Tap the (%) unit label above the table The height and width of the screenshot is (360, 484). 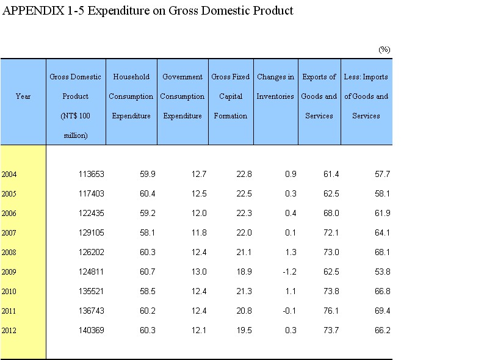tap(384, 49)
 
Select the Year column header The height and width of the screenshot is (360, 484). tap(23, 96)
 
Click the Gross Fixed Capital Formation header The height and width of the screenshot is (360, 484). tap(230, 96)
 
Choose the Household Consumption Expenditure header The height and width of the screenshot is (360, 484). tap(131, 96)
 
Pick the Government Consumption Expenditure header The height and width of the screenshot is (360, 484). tap(182, 96)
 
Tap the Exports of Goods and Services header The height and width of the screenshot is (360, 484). tap(319, 96)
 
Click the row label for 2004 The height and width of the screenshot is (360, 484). tap(9, 175)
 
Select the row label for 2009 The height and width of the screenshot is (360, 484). tap(9, 272)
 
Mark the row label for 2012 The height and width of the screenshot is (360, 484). tap(9, 331)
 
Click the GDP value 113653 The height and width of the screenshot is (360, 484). tap(92, 175)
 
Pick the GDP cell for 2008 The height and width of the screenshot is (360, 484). tap(92, 253)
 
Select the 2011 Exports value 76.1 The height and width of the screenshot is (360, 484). tap(331, 311)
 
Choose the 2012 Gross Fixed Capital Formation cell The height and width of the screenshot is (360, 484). tap(244, 331)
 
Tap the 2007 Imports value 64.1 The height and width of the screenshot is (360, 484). tap(382, 233)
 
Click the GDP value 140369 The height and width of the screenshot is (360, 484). tap(92, 331)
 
